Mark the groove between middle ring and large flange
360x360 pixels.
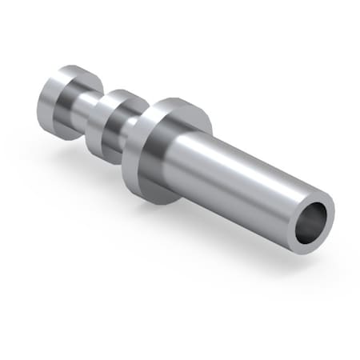[128, 128]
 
